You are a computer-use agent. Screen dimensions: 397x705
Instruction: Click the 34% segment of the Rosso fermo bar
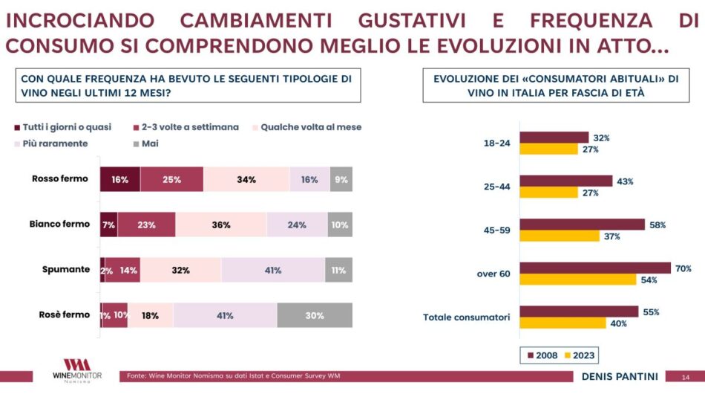click(246, 179)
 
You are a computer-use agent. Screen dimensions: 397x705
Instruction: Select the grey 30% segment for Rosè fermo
click(315, 315)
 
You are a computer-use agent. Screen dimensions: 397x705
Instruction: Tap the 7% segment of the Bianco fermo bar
click(108, 225)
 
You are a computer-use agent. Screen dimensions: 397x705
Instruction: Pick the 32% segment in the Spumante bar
click(180, 271)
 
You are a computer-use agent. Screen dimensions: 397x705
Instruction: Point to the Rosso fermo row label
click(60, 178)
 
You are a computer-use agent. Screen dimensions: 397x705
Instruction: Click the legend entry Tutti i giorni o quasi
click(62, 127)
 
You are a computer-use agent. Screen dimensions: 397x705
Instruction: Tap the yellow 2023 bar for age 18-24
click(548, 149)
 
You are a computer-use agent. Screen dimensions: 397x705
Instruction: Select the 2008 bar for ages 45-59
click(582, 225)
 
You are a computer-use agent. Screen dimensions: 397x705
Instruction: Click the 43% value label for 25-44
click(625, 181)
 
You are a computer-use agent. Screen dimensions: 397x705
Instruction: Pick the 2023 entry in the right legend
click(580, 356)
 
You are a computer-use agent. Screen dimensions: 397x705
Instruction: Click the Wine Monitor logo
click(76, 370)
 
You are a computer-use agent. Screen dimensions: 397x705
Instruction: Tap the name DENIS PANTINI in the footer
click(620, 376)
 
